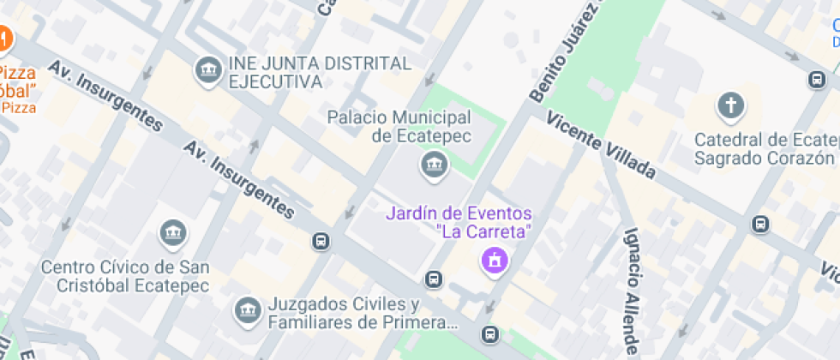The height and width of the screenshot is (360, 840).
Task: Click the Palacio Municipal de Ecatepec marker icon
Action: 435,165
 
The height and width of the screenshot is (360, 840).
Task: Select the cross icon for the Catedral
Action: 730,106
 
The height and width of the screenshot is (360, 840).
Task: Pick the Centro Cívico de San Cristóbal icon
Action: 173,231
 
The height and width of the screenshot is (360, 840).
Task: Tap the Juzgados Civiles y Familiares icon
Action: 248,310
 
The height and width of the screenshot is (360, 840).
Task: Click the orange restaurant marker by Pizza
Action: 3,39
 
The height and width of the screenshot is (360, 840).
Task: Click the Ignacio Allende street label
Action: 633,291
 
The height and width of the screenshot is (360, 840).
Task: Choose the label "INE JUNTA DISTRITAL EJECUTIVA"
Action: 319,73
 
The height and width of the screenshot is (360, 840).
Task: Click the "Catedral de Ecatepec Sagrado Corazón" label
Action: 765,149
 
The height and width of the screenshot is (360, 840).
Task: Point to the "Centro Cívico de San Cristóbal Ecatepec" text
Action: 125,276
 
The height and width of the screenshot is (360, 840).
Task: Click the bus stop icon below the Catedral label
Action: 759,225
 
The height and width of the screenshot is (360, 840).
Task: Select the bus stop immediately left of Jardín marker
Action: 434,279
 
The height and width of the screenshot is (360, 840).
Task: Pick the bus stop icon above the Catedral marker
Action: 817,80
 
